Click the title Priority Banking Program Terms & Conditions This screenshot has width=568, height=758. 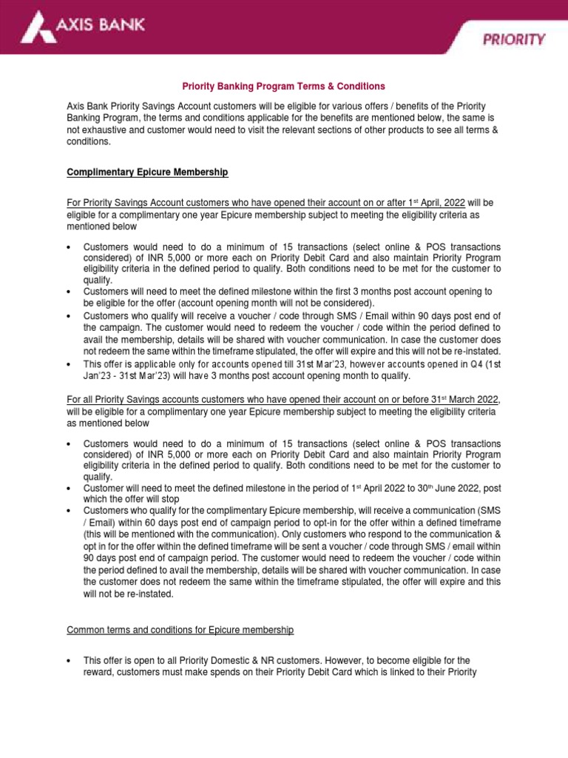point(284,87)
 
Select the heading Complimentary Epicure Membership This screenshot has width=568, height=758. point(147,172)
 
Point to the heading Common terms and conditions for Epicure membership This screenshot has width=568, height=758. point(180,630)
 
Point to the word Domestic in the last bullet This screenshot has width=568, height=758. point(231,660)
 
